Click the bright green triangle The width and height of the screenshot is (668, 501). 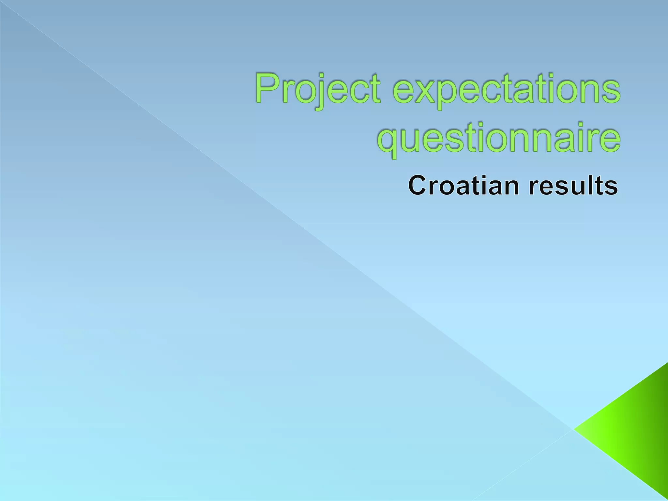point(630,431)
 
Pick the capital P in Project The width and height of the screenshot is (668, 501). point(267,88)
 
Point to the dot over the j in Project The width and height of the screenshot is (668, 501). point(314,76)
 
